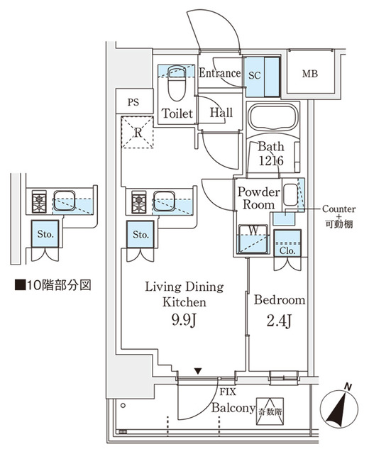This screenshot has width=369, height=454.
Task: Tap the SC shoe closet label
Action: [x=255, y=73]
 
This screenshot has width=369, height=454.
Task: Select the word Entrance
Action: [x=219, y=73]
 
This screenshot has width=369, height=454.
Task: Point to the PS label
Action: [x=133, y=102]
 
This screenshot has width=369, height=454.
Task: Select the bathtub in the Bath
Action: [x=274, y=118]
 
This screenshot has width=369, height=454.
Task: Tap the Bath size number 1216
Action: [x=270, y=161]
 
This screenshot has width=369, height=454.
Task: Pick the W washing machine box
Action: [x=253, y=238]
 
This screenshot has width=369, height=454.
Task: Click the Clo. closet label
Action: [x=287, y=250]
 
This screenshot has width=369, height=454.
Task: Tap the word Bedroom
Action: [x=280, y=300]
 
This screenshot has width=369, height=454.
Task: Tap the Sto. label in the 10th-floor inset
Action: [x=46, y=233]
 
